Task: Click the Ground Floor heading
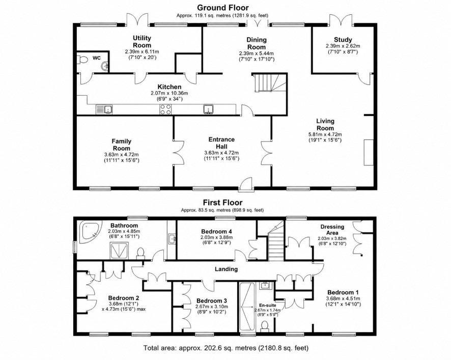click(222, 8)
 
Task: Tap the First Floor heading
click(222, 202)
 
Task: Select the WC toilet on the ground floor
click(82, 60)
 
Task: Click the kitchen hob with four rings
click(165, 109)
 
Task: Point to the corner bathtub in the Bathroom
click(91, 231)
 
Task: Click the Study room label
click(343, 40)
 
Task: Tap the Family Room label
click(121, 145)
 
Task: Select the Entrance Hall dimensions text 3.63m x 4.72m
click(221, 153)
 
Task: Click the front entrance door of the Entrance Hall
click(246, 185)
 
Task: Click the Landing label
click(227, 269)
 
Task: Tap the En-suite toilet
click(265, 325)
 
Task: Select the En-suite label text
click(267, 306)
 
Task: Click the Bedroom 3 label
click(211, 301)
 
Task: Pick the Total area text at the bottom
click(226, 348)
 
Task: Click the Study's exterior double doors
click(342, 20)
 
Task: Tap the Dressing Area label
click(332, 230)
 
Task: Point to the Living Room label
click(325, 125)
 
